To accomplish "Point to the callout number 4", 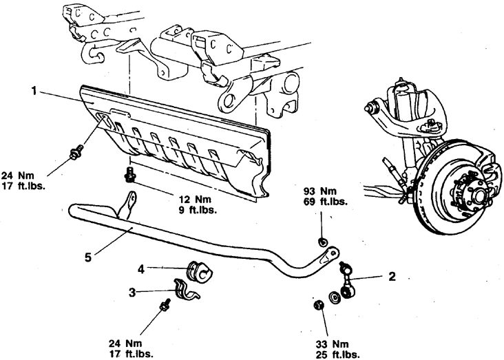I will (x=140, y=268).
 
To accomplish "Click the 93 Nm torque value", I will (x=322, y=191).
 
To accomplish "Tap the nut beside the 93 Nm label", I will (x=322, y=242).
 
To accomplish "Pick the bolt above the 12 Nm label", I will (x=128, y=174).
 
